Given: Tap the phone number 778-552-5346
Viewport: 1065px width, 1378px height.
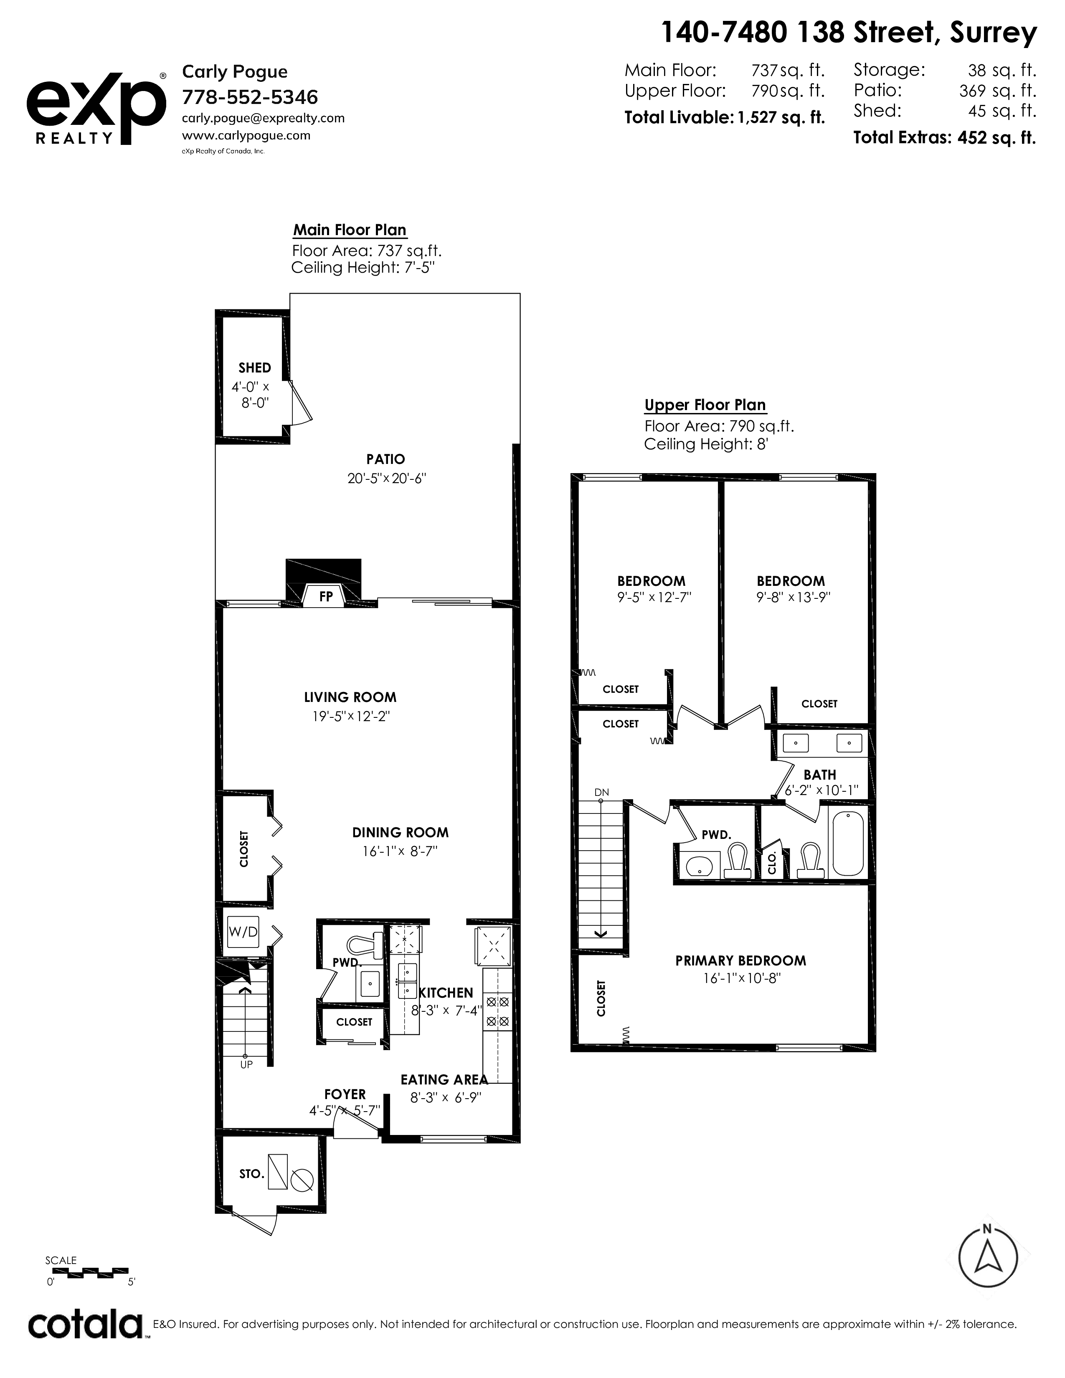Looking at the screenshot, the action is click(250, 97).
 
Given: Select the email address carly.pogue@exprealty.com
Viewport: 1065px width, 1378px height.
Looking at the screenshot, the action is click(263, 118).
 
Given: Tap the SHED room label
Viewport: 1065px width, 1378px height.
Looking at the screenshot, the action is click(255, 368).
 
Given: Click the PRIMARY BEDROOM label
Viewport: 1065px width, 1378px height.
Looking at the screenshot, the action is click(741, 961).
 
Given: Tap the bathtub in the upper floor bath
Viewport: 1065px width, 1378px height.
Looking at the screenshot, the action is click(848, 844).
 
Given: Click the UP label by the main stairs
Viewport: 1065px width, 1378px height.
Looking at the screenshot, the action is click(246, 1064).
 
